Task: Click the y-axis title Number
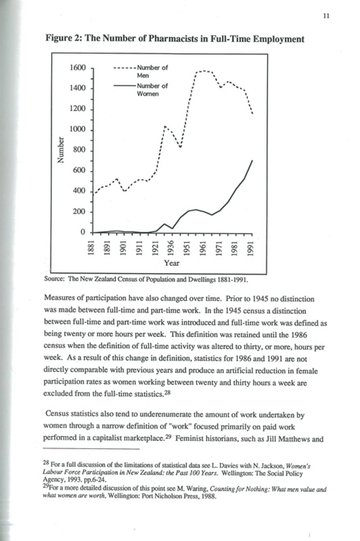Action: click(60, 150)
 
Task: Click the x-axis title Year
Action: click(172, 263)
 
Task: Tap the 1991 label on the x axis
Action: click(251, 248)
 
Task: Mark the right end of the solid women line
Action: click(252, 160)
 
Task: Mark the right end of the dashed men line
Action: click(252, 114)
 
